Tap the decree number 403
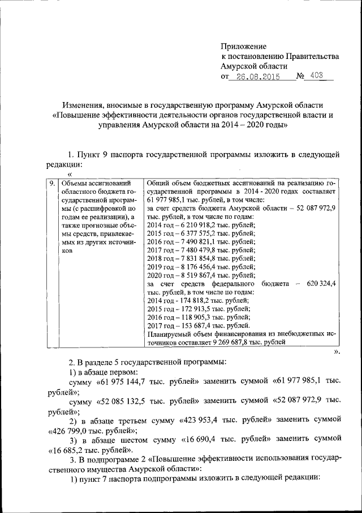pos(318,78)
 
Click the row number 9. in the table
pos(51,183)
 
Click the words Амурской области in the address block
pos(255,66)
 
